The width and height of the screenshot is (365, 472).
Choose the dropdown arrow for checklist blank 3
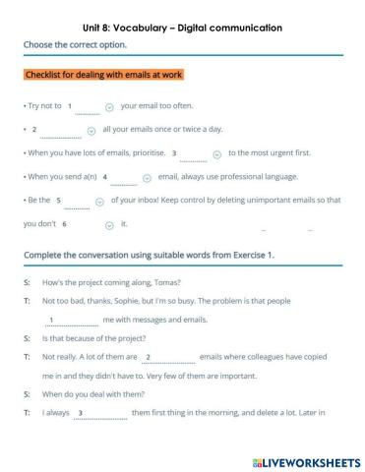(x=216, y=153)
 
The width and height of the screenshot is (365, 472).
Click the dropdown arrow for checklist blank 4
(x=147, y=178)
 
